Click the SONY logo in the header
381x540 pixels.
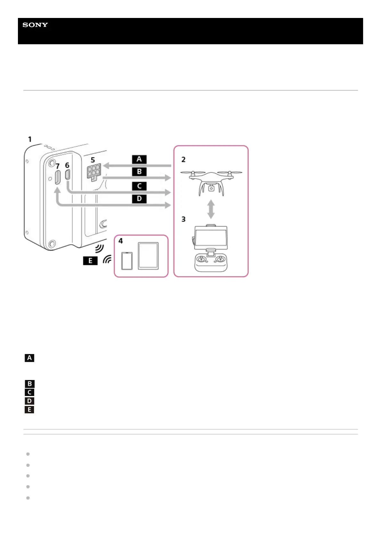tap(35, 25)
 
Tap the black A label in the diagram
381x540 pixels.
tap(139, 159)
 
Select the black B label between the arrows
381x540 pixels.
tap(139, 172)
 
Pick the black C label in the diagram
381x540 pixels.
tap(139, 186)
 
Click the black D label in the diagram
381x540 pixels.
tap(139, 199)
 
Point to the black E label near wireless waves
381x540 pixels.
tap(90, 261)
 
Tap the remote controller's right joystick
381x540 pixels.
tap(220, 258)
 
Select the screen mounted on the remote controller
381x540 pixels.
tap(211, 238)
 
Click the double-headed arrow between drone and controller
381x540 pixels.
tap(211, 209)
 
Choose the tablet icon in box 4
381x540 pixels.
tap(148, 256)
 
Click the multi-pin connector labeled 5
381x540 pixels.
tap(93, 172)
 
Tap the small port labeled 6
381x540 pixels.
tap(68, 175)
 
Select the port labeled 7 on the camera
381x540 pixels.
tap(58, 177)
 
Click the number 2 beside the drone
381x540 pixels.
tap(183, 159)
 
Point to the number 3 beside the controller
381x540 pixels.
tap(183, 219)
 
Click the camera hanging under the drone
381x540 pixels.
tap(211, 188)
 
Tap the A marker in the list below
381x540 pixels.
tap(29, 358)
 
